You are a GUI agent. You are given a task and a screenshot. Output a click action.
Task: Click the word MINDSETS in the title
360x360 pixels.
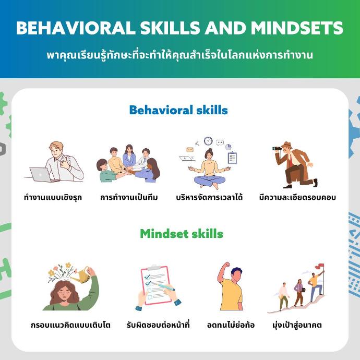(x=297, y=28)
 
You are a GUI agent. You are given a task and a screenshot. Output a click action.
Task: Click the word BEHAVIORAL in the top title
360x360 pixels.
(x=76, y=28)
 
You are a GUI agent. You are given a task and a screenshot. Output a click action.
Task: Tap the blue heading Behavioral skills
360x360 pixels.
(x=178, y=110)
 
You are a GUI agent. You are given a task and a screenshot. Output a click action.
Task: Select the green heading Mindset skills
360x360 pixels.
(x=182, y=234)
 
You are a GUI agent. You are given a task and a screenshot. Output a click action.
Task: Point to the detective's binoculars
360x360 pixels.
(x=277, y=149)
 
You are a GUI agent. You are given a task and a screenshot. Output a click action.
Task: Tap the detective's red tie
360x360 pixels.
(x=291, y=160)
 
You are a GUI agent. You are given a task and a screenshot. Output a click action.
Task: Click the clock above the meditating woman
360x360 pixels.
(x=208, y=141)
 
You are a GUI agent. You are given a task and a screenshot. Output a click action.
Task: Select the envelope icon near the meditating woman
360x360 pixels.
(x=190, y=150)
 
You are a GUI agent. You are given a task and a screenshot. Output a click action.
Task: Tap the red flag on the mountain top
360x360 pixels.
(x=320, y=267)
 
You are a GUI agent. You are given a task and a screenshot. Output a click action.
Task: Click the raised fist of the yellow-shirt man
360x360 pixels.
(x=226, y=265)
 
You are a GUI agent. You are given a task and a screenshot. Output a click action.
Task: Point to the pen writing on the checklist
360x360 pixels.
(x=166, y=287)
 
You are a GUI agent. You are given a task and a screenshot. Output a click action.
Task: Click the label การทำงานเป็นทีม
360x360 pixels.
(x=129, y=197)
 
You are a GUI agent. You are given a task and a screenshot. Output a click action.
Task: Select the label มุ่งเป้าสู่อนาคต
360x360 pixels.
(x=297, y=325)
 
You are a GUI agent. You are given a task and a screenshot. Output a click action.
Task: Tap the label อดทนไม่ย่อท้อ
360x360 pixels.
(x=231, y=325)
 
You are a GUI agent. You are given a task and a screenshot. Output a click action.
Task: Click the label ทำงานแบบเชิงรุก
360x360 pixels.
(x=53, y=197)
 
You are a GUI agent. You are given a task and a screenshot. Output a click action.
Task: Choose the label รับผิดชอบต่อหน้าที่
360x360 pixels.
(x=158, y=325)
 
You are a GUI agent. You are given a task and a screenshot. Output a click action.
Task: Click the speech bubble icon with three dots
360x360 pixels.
(x=220, y=142)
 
